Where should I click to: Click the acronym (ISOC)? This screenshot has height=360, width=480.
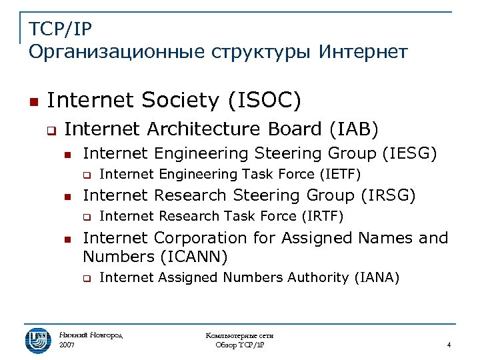(x=265, y=101)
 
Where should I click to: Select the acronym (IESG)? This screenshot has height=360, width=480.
(x=409, y=153)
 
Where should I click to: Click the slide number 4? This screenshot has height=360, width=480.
(x=449, y=345)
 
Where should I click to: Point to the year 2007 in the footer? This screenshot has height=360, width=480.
(x=67, y=345)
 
